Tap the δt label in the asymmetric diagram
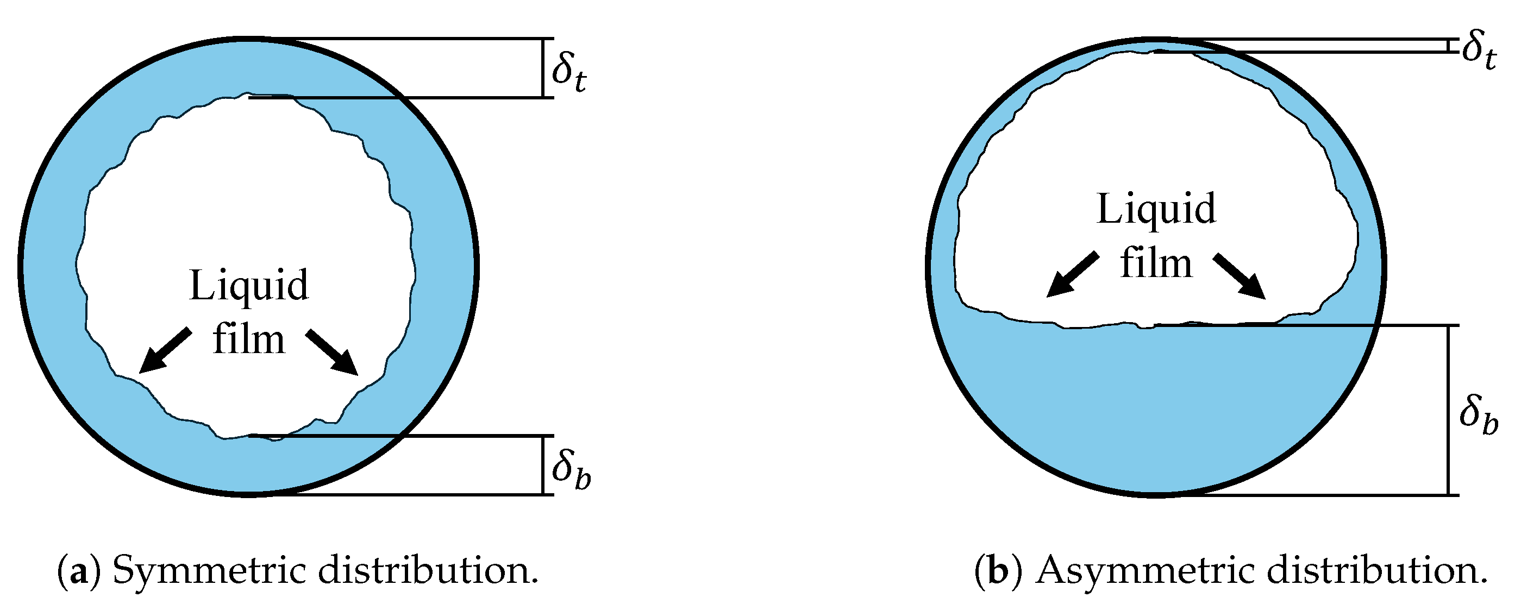1479,51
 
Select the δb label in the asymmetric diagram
1479,417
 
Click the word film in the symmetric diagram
248,341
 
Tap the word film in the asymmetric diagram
1155,263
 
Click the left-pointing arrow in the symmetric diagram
165,351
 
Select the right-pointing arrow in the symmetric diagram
333,352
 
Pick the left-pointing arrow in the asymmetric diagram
1072,274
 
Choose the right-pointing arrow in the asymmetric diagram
1240,275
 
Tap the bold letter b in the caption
998,570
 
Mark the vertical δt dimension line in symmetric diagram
543,68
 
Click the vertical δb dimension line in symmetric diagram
543,465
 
